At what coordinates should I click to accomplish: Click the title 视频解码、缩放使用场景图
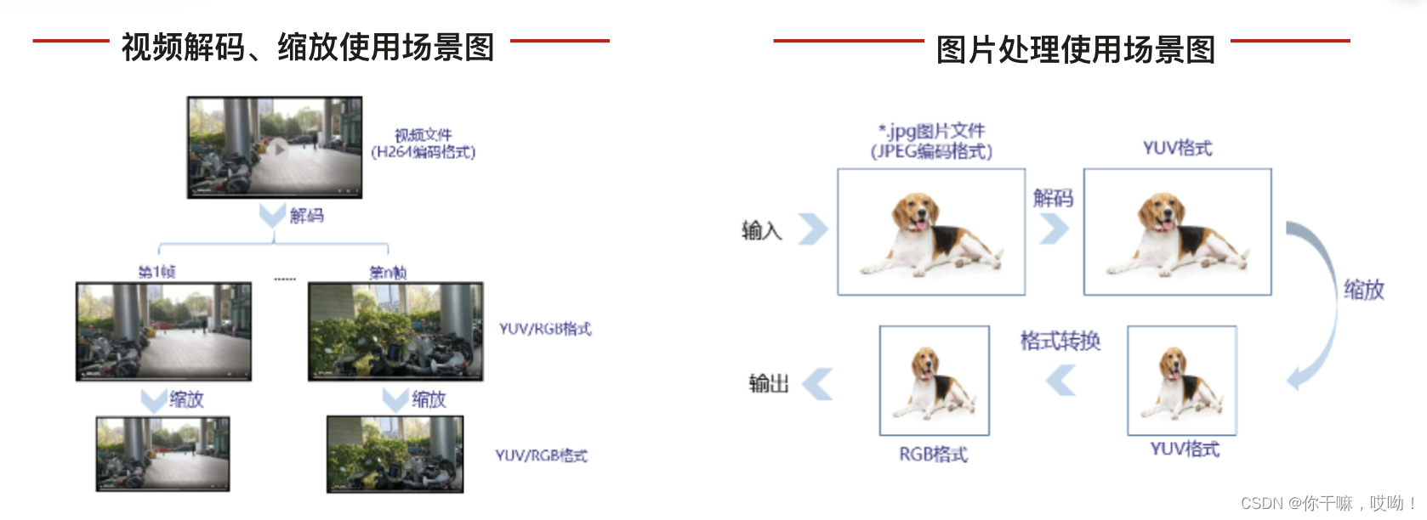pyautogui.click(x=308, y=48)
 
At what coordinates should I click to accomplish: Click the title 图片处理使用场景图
pyautogui.click(x=1075, y=49)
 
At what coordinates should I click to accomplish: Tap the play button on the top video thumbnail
pyautogui.click(x=278, y=149)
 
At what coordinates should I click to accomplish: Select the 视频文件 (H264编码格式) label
pyautogui.click(x=423, y=144)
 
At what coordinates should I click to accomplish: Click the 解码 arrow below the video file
pyautogui.click(x=272, y=215)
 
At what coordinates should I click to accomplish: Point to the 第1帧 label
pyautogui.click(x=157, y=272)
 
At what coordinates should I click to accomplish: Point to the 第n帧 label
pyautogui.click(x=388, y=273)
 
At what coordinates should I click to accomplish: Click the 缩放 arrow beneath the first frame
pyautogui.click(x=154, y=399)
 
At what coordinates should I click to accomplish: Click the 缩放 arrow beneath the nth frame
pyautogui.click(x=395, y=399)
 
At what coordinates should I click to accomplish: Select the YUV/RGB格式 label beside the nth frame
pyautogui.click(x=544, y=329)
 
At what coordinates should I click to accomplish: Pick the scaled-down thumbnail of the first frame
pyautogui.click(x=162, y=453)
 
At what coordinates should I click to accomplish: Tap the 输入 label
pyautogui.click(x=761, y=230)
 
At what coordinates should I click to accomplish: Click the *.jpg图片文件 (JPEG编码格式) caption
pyautogui.click(x=931, y=141)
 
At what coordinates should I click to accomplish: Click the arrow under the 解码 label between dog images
pyautogui.click(x=1054, y=228)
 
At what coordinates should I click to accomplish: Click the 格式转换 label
pyautogui.click(x=1060, y=342)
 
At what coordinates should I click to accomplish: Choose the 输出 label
pyautogui.click(x=768, y=383)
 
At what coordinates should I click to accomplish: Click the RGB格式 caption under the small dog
pyautogui.click(x=933, y=455)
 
